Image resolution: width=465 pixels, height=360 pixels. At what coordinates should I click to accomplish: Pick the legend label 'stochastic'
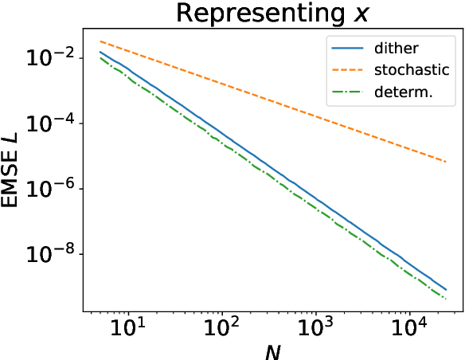[412, 70]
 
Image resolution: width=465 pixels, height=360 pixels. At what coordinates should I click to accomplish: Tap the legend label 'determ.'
[404, 92]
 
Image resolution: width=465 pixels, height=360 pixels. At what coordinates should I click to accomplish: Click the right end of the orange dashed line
[446, 162]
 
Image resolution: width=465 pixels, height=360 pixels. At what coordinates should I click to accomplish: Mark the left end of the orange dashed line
[100, 41]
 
